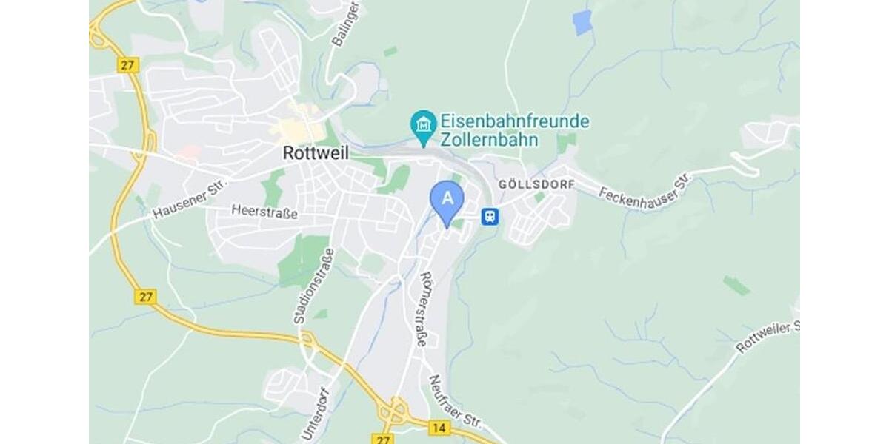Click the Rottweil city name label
point(316,152)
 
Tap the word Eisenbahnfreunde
point(515,121)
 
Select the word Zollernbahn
point(488,139)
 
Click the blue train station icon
point(490,216)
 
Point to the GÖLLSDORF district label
point(536,184)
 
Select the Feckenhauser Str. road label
point(645,189)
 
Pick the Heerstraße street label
point(264,212)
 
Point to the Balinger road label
point(346,25)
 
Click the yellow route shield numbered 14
point(440,428)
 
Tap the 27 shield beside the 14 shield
point(382,439)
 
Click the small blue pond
point(583,22)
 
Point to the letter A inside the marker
point(447,198)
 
